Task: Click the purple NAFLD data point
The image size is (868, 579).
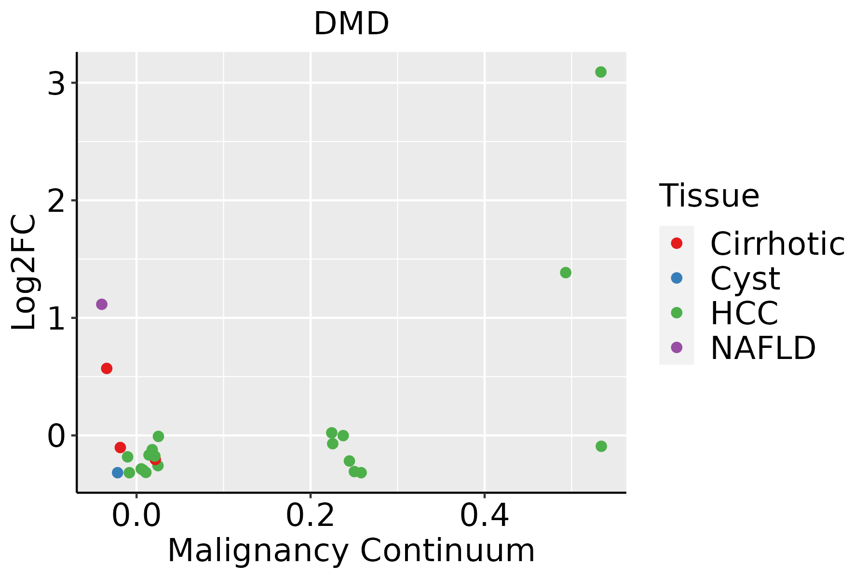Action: pos(101,304)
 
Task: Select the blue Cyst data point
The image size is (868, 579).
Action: pos(118,472)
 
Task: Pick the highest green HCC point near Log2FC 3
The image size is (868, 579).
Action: pos(600,72)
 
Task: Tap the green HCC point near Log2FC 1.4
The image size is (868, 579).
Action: pos(566,273)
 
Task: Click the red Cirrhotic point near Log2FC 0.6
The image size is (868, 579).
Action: pos(107,368)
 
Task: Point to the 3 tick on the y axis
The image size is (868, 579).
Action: pos(56,84)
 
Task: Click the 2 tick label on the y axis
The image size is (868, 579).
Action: pos(56,201)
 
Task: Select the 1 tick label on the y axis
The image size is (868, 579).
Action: pos(56,318)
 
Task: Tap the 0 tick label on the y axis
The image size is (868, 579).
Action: pos(56,436)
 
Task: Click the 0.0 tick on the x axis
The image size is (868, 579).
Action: pos(136,516)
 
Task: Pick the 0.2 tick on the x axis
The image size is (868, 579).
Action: pos(311,516)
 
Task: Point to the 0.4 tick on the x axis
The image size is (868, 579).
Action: pos(484,516)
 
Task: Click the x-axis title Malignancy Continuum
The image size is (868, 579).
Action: pos(351,551)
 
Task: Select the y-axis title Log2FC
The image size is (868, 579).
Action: pos(24,272)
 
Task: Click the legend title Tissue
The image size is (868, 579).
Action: pos(709,196)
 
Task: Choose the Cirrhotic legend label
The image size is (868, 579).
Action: pos(777,244)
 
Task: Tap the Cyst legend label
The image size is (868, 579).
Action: pos(745,278)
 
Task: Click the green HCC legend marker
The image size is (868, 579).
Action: pos(677,313)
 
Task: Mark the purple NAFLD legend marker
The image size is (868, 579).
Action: pos(677,347)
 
